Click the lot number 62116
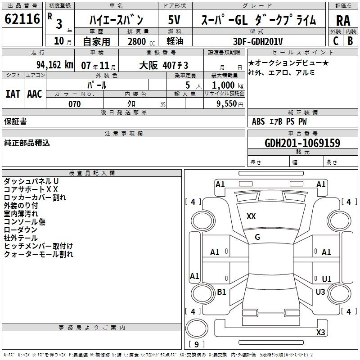pos(22,19)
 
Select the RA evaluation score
pos(343,21)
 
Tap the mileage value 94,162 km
pos(55,65)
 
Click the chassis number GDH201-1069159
pos(302,143)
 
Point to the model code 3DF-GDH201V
pos(258,41)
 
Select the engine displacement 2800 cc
pos(141,41)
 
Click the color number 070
pos(74,104)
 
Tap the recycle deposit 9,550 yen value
pos(230,104)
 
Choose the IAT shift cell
pos(13,94)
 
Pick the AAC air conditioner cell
pos(35,94)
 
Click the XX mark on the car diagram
pos(251,216)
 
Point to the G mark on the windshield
pos(257,237)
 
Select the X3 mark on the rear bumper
pos(320,332)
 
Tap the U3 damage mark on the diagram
pos(320,292)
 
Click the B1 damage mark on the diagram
pos(221,292)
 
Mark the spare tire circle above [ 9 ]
pos(197,328)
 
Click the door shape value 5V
pos(174,20)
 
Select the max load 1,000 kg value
pos(228,85)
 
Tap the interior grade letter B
pos(350,41)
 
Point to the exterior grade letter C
pos(336,41)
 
